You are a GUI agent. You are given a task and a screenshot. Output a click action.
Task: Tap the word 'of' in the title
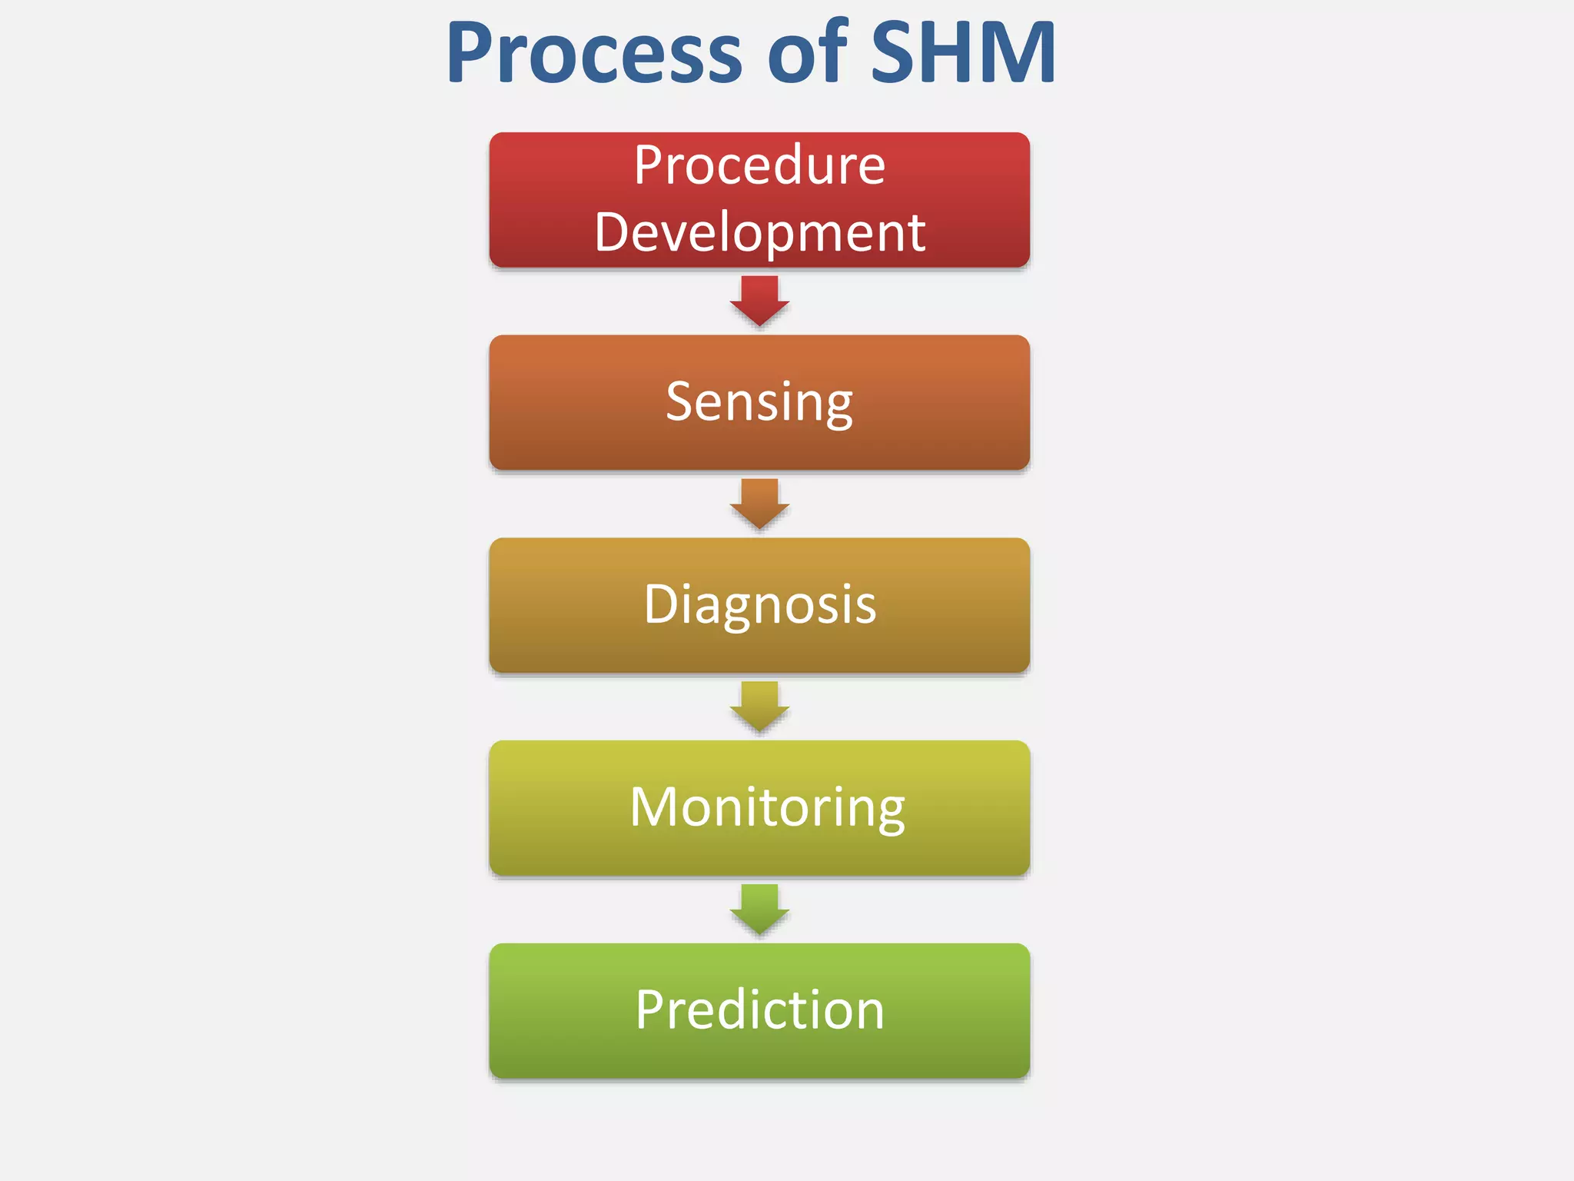pos(807,54)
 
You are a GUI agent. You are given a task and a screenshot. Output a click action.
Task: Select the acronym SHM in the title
pos(963,54)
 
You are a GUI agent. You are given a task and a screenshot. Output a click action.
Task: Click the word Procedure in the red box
pos(759,165)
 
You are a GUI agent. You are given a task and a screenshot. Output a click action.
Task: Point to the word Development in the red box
pos(759,232)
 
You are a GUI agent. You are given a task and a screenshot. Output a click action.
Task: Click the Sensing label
pos(759,402)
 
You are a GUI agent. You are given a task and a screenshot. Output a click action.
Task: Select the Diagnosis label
pos(759,604)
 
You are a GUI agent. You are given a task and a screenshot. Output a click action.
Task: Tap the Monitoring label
pos(767,807)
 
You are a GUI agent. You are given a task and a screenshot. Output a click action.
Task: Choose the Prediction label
pos(759,1010)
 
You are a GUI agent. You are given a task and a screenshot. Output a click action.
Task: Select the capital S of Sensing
pos(680,401)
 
